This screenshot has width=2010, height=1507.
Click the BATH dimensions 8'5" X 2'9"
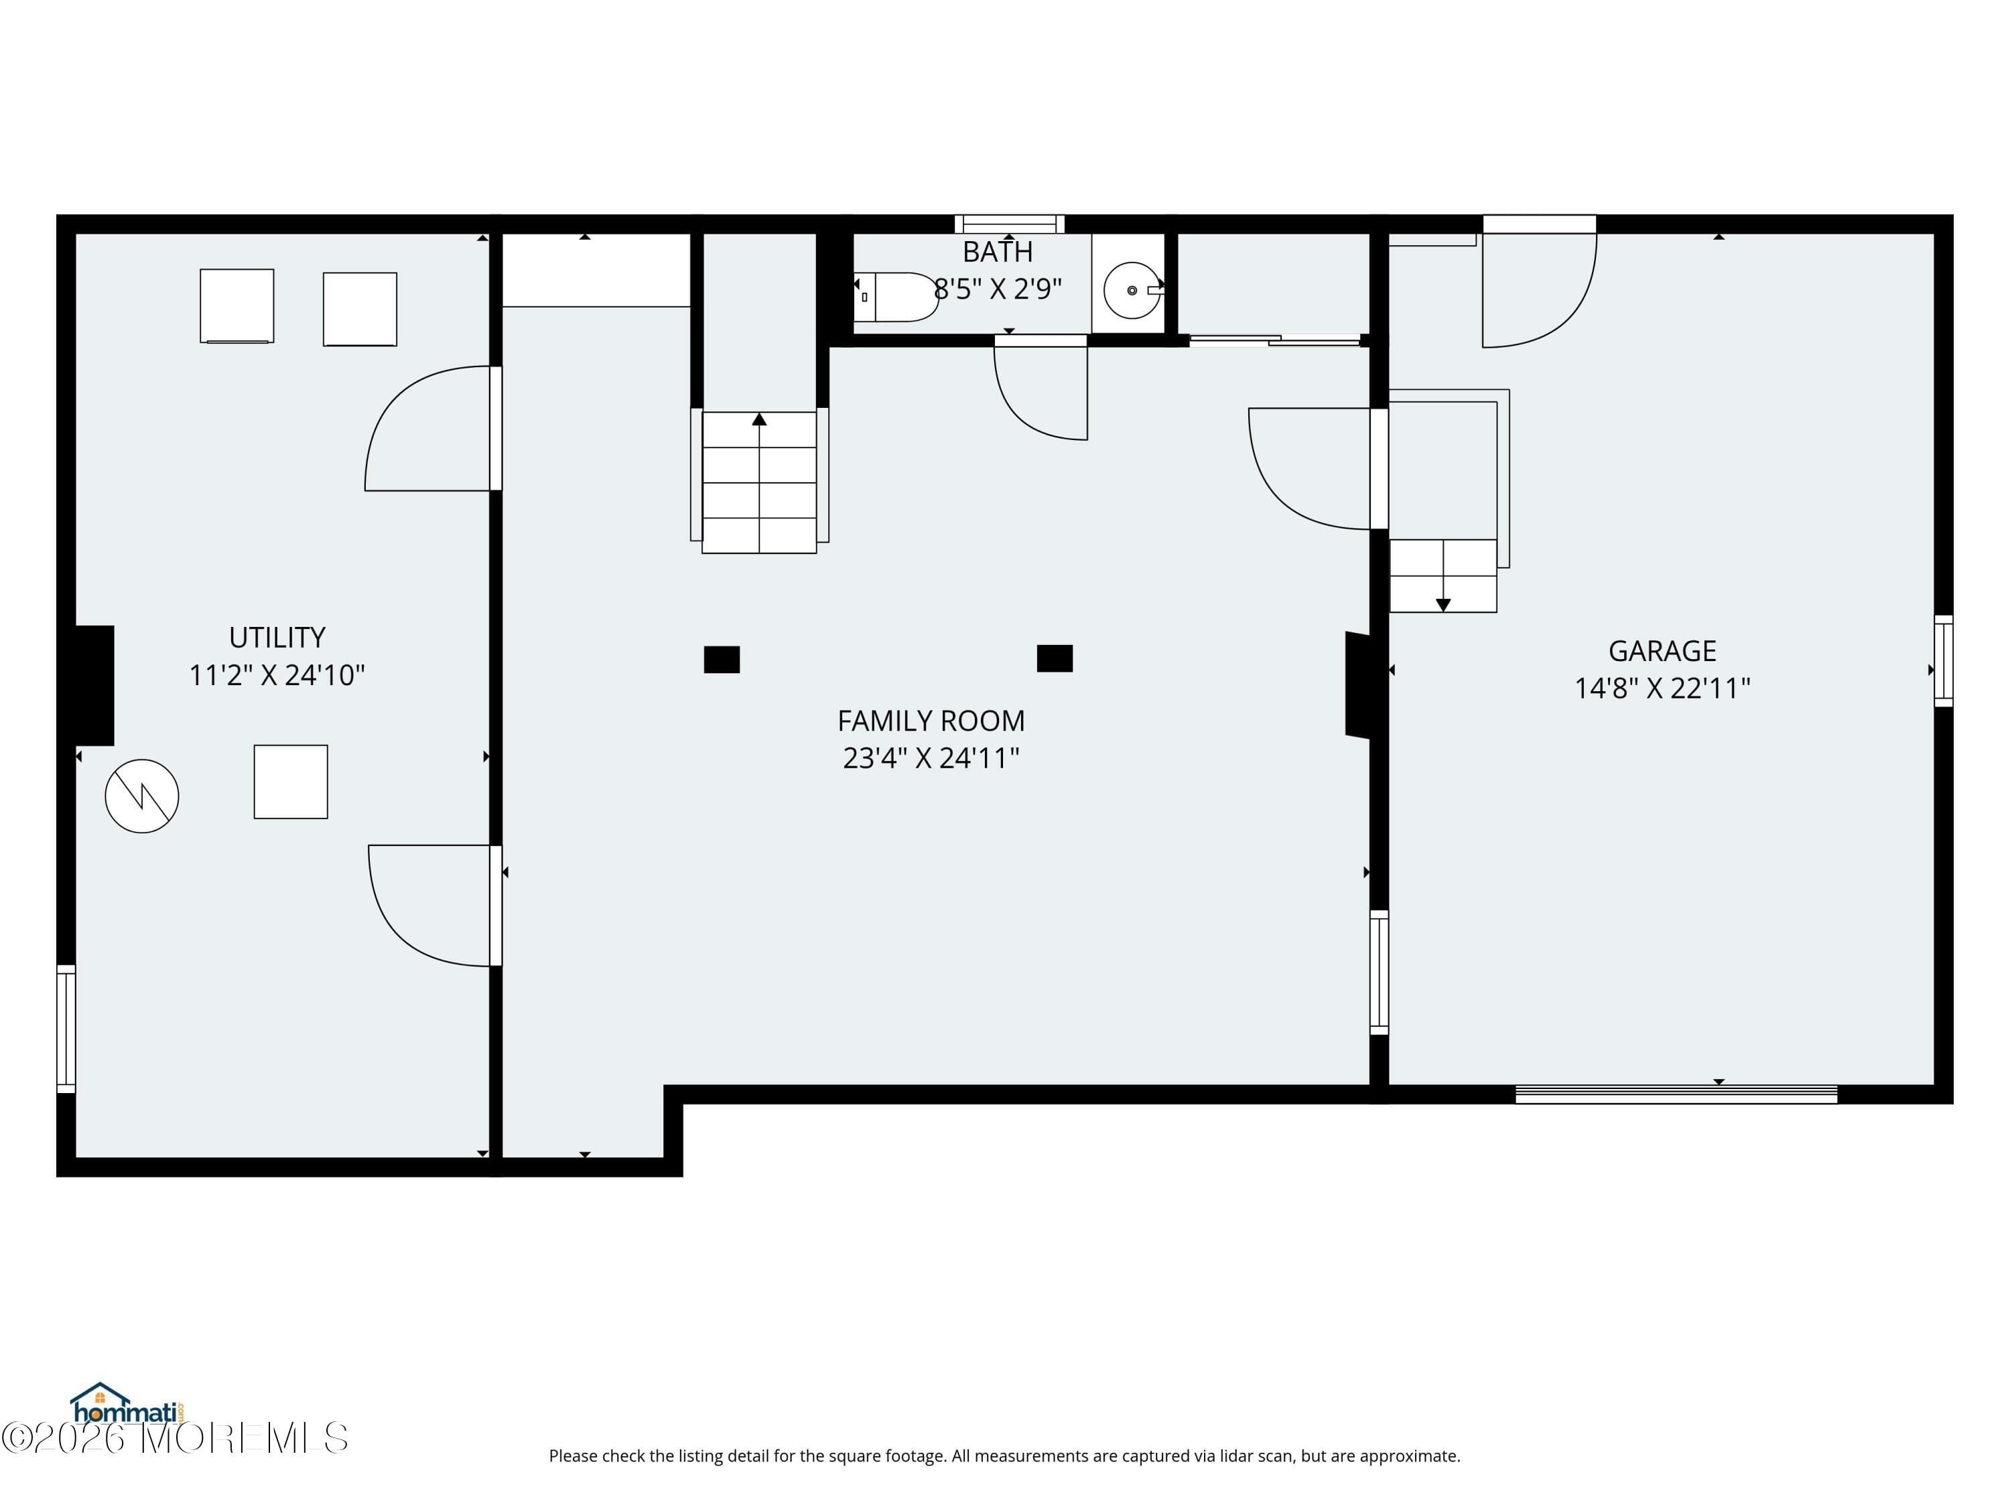[x=997, y=289]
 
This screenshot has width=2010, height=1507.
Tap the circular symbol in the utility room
[x=142, y=796]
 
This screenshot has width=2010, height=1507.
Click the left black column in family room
[x=722, y=660]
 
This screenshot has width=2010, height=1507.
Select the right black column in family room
[x=1054, y=658]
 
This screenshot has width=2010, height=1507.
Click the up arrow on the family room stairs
[x=758, y=420]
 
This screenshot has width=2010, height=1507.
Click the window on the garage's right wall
[x=1943, y=660]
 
